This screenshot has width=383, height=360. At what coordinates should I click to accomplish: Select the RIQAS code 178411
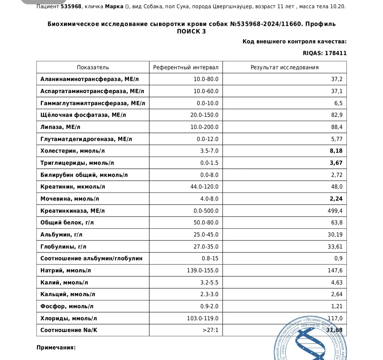(x=335, y=53)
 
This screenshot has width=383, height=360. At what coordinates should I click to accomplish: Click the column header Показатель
(x=93, y=67)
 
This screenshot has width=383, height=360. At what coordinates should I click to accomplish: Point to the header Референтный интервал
(x=185, y=67)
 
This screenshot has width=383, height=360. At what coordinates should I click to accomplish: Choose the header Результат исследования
(x=284, y=67)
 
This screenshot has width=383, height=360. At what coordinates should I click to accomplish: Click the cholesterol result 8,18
(x=336, y=151)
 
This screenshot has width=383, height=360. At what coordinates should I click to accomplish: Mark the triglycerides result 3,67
(x=336, y=163)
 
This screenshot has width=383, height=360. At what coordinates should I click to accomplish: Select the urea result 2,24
(x=336, y=199)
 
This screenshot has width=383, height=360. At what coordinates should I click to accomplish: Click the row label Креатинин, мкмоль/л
(x=73, y=187)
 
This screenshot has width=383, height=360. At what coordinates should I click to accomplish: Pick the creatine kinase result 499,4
(x=334, y=211)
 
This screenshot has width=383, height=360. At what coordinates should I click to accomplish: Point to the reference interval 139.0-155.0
(x=202, y=271)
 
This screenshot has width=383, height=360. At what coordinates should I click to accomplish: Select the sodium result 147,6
(x=334, y=271)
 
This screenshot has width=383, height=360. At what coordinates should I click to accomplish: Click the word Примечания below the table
(x=56, y=347)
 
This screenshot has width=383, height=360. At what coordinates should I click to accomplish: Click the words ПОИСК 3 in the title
(x=191, y=31)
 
